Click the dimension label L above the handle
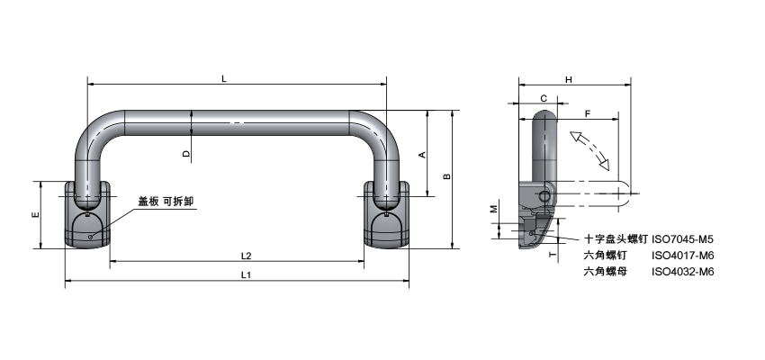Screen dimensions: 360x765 tap(223, 78)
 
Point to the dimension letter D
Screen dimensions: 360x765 tap(186, 154)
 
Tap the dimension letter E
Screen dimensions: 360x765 tap(34, 216)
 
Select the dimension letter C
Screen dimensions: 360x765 tap(544, 98)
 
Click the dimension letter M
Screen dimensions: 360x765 tap(493, 209)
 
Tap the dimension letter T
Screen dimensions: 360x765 tap(551, 255)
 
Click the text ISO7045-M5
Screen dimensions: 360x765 tap(682, 239)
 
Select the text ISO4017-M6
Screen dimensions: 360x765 tap(682, 255)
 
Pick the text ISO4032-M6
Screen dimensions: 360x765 tap(682, 270)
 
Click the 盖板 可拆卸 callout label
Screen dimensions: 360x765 tap(166, 202)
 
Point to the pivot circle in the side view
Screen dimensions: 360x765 tap(544, 197)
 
